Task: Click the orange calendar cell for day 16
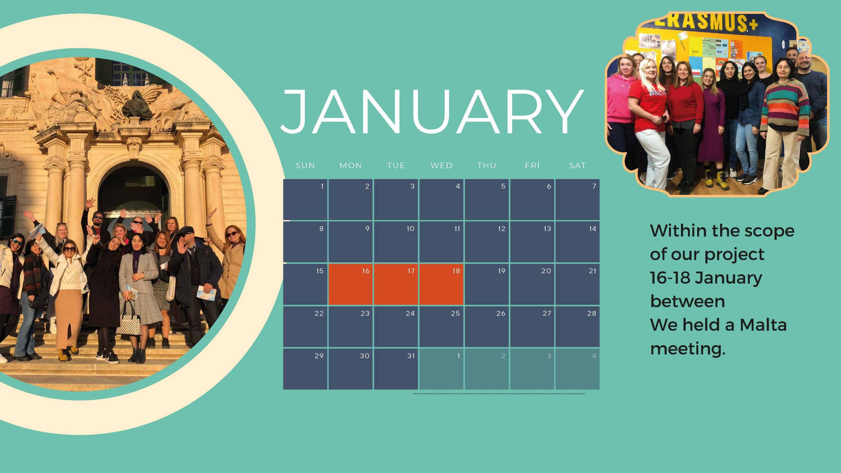click(351, 284)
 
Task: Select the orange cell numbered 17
click(396, 284)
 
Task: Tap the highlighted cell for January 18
click(441, 284)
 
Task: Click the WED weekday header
click(442, 166)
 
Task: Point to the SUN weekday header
click(305, 166)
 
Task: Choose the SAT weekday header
click(578, 166)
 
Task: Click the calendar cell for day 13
click(532, 242)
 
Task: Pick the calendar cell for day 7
click(578, 200)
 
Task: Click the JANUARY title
click(432, 112)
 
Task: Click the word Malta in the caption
click(763, 325)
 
